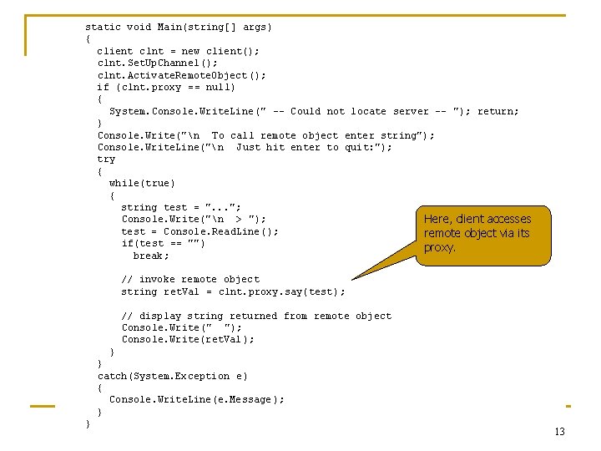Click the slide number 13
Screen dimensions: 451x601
[559, 432]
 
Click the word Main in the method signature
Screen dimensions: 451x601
[169, 27]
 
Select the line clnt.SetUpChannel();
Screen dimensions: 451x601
[158, 63]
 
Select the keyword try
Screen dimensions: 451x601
[107, 159]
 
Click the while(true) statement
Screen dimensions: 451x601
[142, 183]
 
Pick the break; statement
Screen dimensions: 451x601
[151, 256]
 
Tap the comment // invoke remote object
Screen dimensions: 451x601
[190, 279]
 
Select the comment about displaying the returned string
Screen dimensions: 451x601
[256, 316]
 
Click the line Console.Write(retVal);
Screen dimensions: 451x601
[188, 339]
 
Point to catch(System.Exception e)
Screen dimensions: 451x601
[173, 376]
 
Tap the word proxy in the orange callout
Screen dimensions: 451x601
[439, 247]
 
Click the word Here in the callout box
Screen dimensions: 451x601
[437, 219]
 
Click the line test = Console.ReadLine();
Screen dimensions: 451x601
[199, 231]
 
